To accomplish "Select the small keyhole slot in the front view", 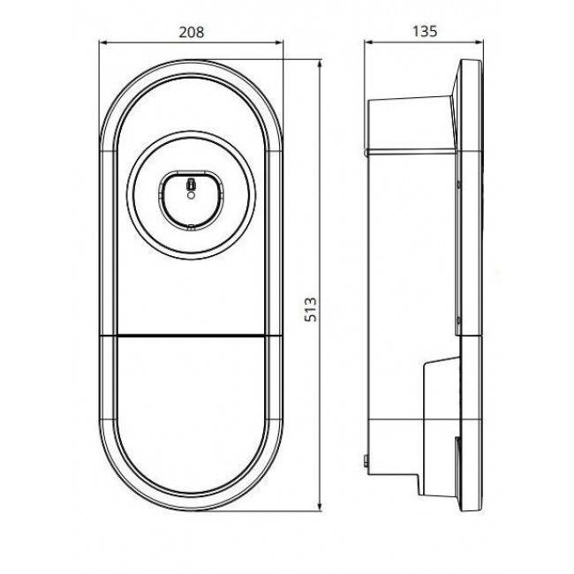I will pyautogui.click(x=192, y=185).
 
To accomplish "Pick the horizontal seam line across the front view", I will pyautogui.click(x=192, y=336).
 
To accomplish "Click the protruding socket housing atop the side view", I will pyautogui.click(x=411, y=124).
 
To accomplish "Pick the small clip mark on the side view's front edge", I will pyautogui.click(x=460, y=184).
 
